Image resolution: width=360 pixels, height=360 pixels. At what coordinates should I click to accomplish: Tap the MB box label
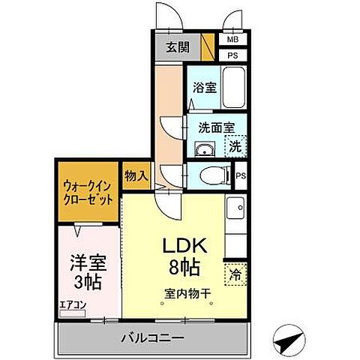point(232,40)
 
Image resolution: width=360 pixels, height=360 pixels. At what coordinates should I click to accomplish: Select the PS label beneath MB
point(232,55)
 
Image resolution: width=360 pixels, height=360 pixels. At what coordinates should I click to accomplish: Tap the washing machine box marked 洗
point(235,146)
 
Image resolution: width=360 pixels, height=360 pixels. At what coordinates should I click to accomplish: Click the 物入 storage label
point(136,175)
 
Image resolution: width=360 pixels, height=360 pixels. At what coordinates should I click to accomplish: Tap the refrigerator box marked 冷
point(235,274)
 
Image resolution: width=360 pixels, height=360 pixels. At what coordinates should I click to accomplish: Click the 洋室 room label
point(88,263)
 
